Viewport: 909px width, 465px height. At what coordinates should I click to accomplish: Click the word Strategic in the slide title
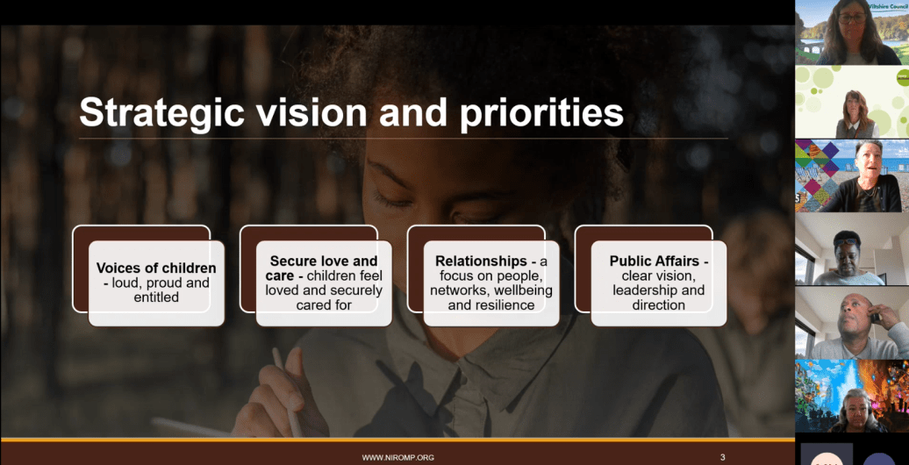(x=161, y=112)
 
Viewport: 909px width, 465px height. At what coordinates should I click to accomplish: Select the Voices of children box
(x=156, y=283)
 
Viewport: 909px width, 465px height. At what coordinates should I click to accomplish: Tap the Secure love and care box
(x=324, y=283)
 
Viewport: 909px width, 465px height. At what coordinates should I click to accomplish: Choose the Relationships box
(x=491, y=283)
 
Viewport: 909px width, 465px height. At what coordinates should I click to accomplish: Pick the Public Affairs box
(x=659, y=283)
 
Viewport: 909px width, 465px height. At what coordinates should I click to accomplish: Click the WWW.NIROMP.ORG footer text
(x=397, y=457)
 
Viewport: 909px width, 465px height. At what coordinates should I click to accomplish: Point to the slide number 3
(x=722, y=457)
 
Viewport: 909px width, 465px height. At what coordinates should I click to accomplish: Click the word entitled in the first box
(x=156, y=297)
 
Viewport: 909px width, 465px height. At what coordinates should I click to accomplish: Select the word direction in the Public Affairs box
(x=659, y=304)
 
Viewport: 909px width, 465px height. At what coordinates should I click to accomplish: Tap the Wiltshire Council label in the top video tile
(x=889, y=5)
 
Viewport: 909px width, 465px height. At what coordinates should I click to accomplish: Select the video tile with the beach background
(x=852, y=175)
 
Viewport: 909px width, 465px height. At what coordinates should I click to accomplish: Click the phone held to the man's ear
(x=875, y=316)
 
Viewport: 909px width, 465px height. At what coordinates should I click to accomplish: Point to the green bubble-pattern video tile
(x=852, y=102)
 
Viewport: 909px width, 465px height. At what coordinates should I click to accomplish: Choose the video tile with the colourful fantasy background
(x=852, y=396)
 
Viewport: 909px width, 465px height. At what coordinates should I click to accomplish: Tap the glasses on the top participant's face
(x=852, y=18)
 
